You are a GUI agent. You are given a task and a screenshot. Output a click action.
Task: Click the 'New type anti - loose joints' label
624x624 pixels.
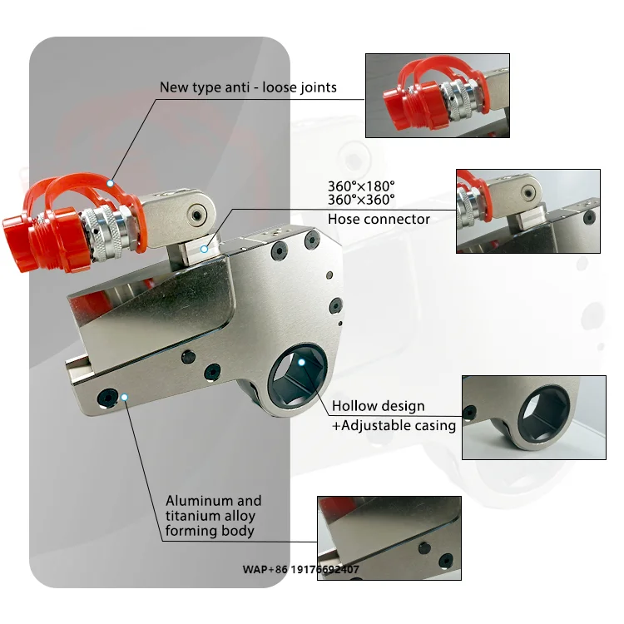point(248,87)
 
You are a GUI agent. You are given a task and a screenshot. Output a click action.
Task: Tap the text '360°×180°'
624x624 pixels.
point(361,186)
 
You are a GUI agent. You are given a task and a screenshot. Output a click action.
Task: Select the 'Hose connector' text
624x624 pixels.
point(379,219)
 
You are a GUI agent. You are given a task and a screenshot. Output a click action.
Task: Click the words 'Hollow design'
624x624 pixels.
point(379,407)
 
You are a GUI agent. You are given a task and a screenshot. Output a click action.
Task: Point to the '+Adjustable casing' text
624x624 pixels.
point(394,425)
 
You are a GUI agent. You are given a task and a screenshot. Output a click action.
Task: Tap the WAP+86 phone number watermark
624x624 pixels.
point(301,570)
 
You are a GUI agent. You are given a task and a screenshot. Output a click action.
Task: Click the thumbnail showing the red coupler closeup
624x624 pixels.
point(438,96)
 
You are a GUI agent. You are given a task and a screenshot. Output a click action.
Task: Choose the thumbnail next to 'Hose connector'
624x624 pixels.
point(527,211)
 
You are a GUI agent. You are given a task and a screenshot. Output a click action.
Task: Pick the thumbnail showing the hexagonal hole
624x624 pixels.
point(534,418)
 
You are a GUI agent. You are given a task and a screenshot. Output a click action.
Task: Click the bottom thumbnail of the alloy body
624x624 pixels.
point(389,537)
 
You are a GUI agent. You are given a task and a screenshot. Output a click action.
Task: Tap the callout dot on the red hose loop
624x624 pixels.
point(110,181)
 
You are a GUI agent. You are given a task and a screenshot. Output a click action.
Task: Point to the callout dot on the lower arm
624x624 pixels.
point(124,397)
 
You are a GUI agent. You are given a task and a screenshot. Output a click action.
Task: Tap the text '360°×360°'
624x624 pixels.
point(361,200)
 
